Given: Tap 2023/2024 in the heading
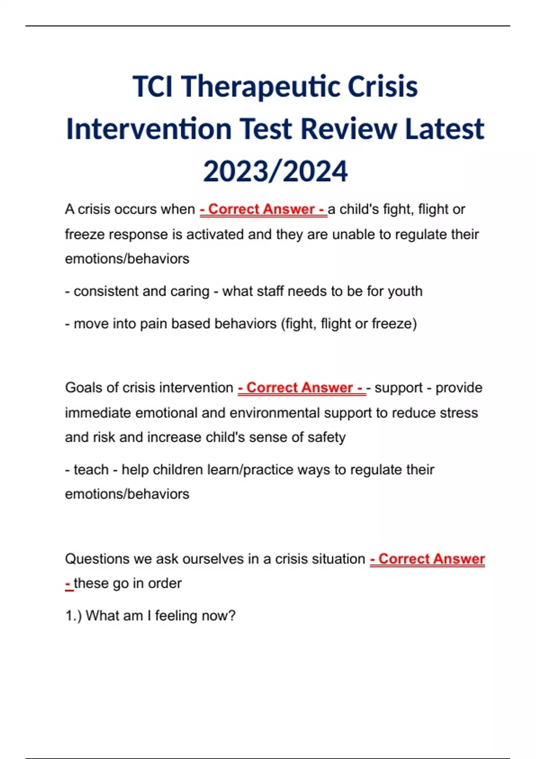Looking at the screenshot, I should [275, 171].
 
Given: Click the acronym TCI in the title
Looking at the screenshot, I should [153, 87].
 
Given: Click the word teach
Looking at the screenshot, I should [91, 470].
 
